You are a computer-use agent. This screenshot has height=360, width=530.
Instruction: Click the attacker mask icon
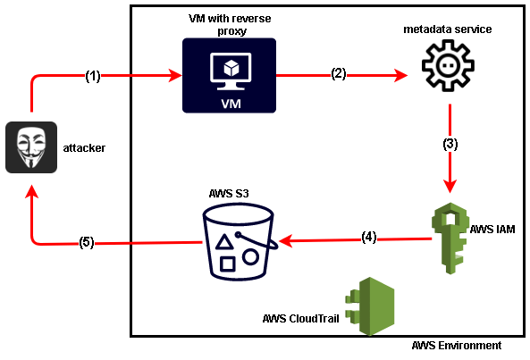[31, 147]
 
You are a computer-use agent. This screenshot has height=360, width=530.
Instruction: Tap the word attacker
[84, 148]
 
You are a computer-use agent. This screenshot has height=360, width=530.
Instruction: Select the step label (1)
[93, 76]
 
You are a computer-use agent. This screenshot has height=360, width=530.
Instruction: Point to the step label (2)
[339, 73]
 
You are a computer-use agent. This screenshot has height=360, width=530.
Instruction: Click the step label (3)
[450, 144]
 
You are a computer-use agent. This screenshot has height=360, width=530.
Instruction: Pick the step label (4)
[369, 237]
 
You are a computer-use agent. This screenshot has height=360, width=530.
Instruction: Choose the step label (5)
[87, 242]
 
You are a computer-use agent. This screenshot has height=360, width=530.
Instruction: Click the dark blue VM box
[229, 75]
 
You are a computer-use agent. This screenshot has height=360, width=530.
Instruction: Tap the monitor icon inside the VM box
[231, 71]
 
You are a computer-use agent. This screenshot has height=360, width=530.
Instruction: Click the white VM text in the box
[231, 104]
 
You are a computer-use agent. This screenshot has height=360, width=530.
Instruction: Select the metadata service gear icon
[448, 65]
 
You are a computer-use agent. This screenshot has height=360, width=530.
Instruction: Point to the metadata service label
[448, 29]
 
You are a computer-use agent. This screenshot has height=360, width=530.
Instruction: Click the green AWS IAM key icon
[450, 239]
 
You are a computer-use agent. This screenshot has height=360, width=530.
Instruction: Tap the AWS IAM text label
[492, 230]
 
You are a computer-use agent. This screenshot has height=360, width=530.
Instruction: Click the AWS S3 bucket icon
[240, 242]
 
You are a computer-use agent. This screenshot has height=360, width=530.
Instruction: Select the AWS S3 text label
[229, 194]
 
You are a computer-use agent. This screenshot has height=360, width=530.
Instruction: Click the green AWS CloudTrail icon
[370, 306]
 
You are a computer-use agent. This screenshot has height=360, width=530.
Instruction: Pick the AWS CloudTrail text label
[301, 318]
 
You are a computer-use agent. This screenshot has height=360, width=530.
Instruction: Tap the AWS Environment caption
[457, 346]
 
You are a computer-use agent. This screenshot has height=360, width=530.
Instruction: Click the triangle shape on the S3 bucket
[224, 242]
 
